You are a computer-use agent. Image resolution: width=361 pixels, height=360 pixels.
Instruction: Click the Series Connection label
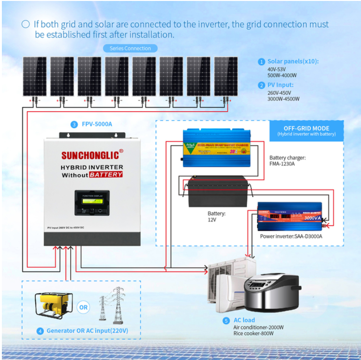coord(130,48)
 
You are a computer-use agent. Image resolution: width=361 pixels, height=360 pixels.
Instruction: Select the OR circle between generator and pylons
coord(83,308)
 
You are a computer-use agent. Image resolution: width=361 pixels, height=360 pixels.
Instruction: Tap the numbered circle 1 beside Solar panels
coord(261,62)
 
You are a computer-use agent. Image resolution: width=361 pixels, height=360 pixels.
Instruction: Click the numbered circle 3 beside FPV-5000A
coord(74,125)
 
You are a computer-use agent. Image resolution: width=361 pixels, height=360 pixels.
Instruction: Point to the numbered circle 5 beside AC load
coord(227,320)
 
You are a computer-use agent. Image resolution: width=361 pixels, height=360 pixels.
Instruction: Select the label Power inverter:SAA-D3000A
coord(291,236)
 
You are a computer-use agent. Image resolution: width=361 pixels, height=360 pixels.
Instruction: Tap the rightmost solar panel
coord(226,76)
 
